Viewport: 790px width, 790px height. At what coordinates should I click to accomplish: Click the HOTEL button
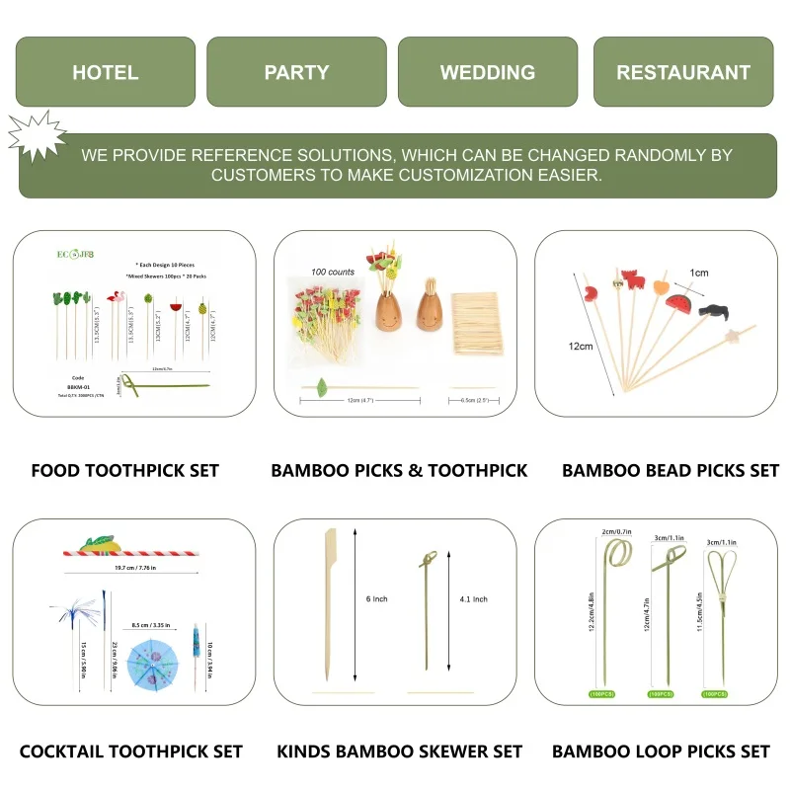point(105,72)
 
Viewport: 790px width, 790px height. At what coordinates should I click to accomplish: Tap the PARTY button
point(296,72)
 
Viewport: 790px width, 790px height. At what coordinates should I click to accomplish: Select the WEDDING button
point(488,72)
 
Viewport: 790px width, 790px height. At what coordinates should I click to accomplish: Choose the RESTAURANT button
point(683,72)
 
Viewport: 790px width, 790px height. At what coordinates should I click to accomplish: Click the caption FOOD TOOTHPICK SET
point(125,470)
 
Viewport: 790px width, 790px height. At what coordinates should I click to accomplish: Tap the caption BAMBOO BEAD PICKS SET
point(671,470)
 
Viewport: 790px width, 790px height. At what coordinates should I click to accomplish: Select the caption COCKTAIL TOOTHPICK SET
point(131,751)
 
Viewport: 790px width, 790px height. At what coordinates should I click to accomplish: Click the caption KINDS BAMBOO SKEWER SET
point(399,751)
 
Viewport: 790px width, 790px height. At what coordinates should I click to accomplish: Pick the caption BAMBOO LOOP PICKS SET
point(661,751)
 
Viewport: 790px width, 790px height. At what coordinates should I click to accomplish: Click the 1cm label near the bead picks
point(699,273)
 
